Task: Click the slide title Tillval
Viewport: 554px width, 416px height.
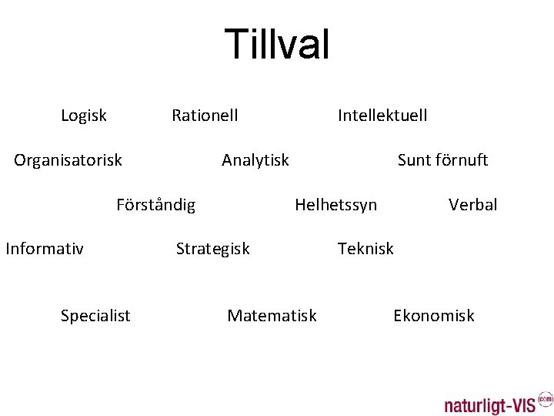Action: click(x=277, y=44)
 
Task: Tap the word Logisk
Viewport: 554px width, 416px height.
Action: click(x=84, y=116)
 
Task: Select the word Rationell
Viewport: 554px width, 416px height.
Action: click(x=205, y=116)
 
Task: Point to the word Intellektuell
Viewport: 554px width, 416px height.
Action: click(x=382, y=116)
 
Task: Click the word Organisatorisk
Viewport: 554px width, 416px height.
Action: click(x=68, y=160)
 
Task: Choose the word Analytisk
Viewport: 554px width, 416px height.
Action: click(x=255, y=160)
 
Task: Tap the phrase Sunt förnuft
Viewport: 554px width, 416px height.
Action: click(x=442, y=160)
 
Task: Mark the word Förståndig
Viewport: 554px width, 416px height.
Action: click(x=156, y=205)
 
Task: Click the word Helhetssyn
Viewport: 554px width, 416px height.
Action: click(x=336, y=205)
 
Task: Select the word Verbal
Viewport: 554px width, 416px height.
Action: click(x=473, y=205)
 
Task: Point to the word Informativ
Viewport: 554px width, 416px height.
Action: click(x=45, y=248)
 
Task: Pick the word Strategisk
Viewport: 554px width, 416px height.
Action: click(x=213, y=249)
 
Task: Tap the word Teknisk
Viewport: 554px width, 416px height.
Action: click(x=365, y=248)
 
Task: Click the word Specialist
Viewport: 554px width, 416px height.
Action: click(x=95, y=316)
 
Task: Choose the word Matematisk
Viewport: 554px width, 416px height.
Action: click(x=272, y=316)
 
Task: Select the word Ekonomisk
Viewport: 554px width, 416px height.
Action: click(x=434, y=316)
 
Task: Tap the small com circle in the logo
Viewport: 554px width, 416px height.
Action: click(x=545, y=398)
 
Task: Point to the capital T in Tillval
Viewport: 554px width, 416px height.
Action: click(x=235, y=44)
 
